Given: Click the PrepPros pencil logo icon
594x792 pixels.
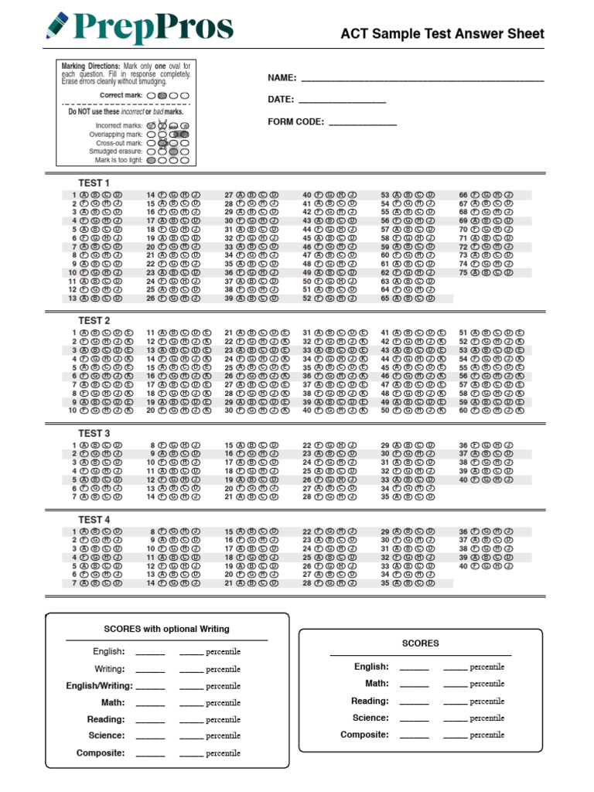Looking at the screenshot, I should coord(58,26).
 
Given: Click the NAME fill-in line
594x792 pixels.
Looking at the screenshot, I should coord(422,79).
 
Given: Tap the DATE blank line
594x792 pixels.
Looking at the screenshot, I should coord(341,101).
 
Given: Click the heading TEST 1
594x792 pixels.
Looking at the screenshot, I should coord(94,183).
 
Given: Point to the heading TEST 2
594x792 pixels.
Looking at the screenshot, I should coord(94,320).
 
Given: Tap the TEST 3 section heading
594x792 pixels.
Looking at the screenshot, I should coord(94,433).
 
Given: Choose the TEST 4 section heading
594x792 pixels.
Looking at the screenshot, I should coord(94,520).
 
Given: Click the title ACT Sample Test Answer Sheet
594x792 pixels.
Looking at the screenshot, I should coord(442,34).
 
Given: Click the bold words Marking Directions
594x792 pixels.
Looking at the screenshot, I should coord(90,67).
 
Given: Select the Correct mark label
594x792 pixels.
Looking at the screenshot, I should coord(121,95).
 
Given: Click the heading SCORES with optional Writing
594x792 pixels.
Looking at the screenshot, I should coord(166,629).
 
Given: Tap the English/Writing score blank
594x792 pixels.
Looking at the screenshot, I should coord(150,686).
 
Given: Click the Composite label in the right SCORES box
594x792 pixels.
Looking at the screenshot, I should coord(364,735).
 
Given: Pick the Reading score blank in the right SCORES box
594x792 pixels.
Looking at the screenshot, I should coord(414,702).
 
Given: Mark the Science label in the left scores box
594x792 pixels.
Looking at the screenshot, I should coord(106,736).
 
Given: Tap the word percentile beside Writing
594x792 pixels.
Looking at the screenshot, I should coord(223,669).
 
